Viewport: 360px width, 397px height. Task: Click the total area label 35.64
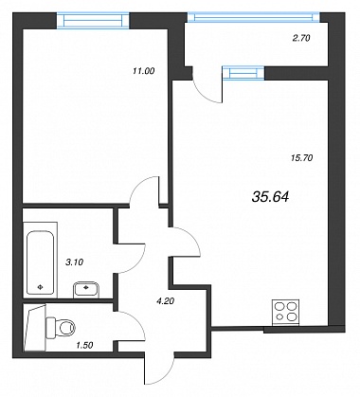click(x=271, y=197)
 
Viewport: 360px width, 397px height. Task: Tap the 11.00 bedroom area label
click(x=144, y=71)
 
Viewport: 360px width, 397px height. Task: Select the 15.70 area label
click(x=301, y=157)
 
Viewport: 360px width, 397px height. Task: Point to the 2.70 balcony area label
click(x=301, y=38)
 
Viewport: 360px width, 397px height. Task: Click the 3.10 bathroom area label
click(x=74, y=262)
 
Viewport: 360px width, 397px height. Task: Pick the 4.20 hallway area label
click(x=165, y=301)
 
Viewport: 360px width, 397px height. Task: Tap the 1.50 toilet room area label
click(x=84, y=345)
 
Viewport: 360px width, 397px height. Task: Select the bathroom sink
click(x=86, y=290)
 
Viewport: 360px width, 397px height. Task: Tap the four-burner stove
click(x=285, y=312)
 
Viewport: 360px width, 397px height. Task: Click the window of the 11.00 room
click(x=93, y=21)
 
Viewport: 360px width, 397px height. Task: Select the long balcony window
click(x=254, y=17)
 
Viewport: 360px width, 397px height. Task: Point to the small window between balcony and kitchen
click(x=243, y=73)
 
